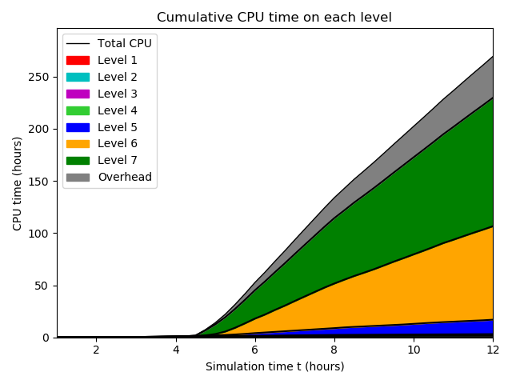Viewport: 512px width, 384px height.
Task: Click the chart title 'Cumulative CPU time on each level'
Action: [x=274, y=17]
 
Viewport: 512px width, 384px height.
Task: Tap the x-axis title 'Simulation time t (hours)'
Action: [x=274, y=366]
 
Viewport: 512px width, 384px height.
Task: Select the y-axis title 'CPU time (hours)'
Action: [x=17, y=183]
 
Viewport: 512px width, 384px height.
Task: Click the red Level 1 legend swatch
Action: [x=78, y=60]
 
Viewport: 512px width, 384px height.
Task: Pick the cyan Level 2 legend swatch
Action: [x=78, y=77]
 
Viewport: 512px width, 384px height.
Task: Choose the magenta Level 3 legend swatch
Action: [x=78, y=94]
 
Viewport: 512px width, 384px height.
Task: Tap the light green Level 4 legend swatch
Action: [x=78, y=110]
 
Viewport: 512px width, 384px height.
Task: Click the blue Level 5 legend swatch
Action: [x=78, y=127]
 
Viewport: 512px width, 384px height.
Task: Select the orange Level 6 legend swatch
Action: [x=78, y=143]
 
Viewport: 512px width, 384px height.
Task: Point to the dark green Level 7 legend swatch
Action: [x=78, y=160]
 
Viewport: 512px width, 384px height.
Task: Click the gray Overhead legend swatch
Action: [x=78, y=177]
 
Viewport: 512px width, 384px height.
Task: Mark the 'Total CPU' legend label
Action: [x=124, y=43]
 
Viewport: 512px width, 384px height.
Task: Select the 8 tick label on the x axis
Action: [x=334, y=350]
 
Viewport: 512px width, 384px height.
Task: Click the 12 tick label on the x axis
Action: [x=493, y=350]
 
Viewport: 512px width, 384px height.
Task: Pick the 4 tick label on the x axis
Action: [x=176, y=350]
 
